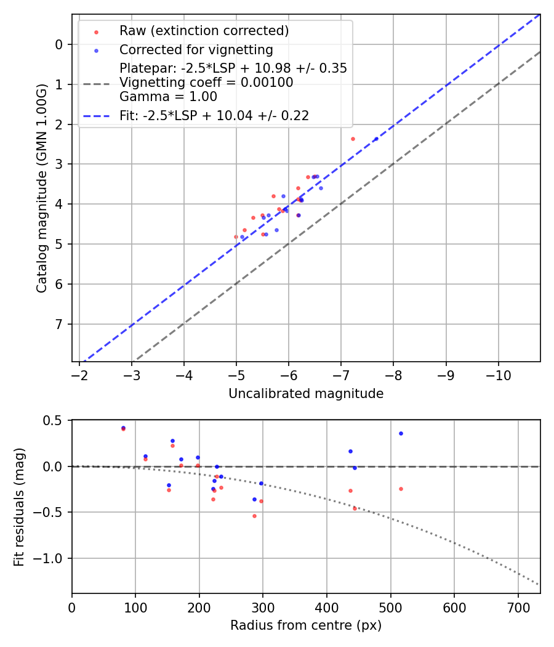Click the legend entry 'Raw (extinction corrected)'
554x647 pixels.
pos(204,31)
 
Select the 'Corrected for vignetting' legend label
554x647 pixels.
pos(196,50)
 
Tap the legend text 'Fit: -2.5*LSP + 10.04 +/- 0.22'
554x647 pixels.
pos(214,115)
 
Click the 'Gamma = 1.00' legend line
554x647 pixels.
pos(168,96)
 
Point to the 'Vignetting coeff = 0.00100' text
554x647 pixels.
pos(206,83)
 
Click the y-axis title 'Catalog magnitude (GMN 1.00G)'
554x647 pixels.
pos(42,187)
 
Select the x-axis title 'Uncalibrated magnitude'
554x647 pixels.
pos(306,394)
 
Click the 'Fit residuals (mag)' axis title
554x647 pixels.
pos(19,507)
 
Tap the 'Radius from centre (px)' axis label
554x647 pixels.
pos(306,625)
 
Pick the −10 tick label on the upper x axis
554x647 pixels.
pos(498,375)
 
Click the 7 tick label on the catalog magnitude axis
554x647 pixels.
pos(59,324)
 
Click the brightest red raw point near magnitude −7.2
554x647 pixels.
pos(353,139)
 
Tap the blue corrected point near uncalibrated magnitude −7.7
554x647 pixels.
pos(376,139)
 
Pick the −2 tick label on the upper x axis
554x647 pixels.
pos(79,375)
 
